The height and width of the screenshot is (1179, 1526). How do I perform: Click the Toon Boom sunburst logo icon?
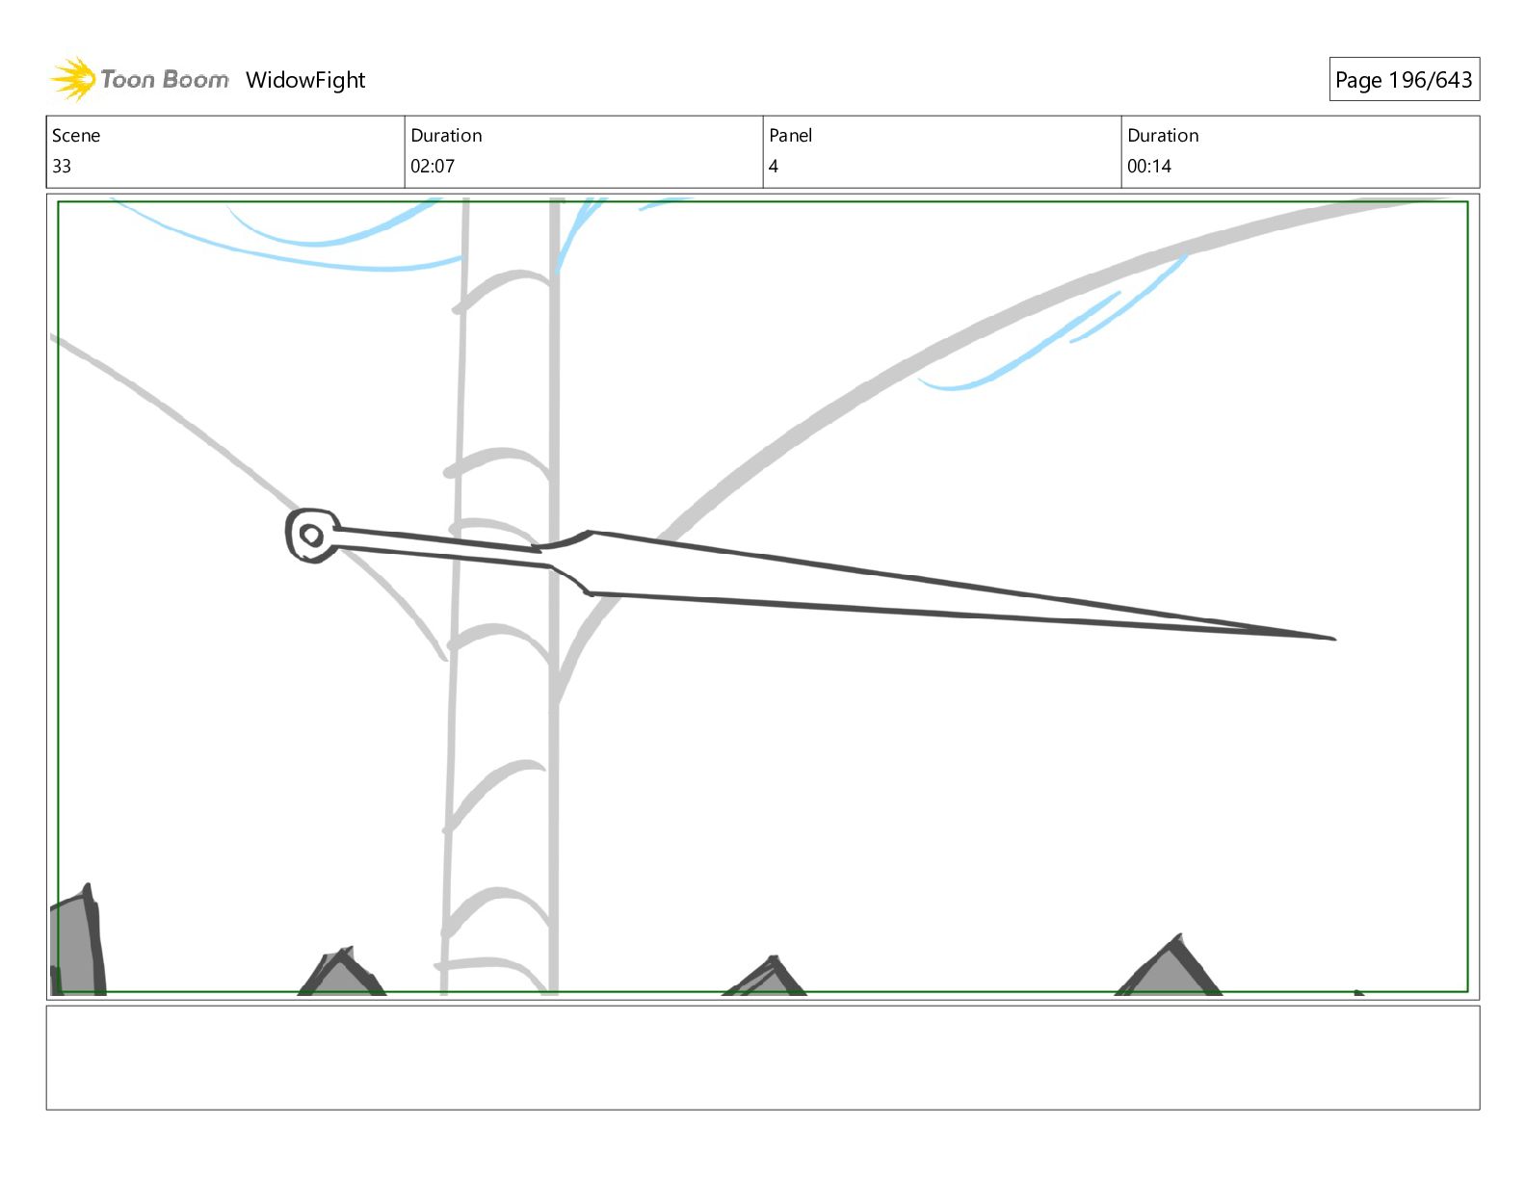[72, 79]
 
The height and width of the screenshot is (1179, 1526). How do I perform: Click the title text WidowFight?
[305, 80]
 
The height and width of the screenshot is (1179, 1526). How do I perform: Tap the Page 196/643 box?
[1404, 80]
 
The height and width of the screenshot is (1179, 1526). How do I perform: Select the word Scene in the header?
[76, 136]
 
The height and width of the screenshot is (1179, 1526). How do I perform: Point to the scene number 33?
[62, 167]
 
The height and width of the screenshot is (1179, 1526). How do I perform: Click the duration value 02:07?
[433, 167]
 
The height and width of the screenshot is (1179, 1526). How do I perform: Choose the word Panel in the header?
[790, 136]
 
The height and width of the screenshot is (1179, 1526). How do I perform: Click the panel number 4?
[773, 167]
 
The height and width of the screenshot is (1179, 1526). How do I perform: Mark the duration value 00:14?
[1149, 167]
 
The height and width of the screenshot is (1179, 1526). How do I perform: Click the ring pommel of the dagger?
[311, 536]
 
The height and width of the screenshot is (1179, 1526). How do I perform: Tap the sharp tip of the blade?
[1331, 638]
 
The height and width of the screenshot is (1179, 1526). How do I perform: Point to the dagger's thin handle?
[438, 543]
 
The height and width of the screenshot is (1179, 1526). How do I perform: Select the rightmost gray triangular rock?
[1170, 967]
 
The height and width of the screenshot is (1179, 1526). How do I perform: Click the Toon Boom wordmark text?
[165, 80]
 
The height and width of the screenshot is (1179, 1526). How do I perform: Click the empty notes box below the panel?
[762, 1058]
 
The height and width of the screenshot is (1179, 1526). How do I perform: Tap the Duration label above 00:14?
[1163, 136]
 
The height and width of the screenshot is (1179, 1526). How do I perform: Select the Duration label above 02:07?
[446, 136]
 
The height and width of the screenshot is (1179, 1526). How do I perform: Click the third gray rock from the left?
[767, 978]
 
